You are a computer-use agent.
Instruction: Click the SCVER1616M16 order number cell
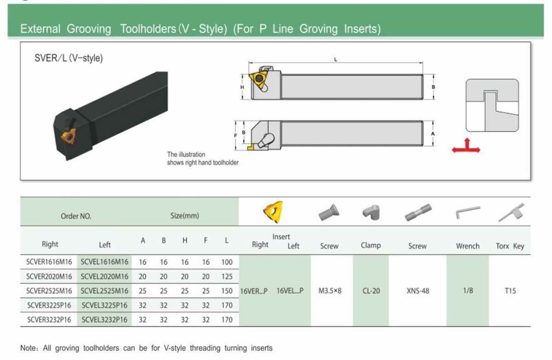pyautogui.click(x=49, y=262)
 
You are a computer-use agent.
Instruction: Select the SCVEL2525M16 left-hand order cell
pyautogui.click(x=104, y=291)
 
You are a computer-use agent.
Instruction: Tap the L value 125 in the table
pyautogui.click(x=227, y=276)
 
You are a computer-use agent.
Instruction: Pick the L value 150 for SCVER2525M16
pyautogui.click(x=227, y=291)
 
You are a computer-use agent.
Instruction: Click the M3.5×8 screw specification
pyautogui.click(x=330, y=291)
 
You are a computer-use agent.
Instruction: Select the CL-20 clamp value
pyautogui.click(x=371, y=291)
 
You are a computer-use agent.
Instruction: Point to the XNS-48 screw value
pyautogui.click(x=418, y=291)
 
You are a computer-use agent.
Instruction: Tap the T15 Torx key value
pyautogui.click(x=510, y=291)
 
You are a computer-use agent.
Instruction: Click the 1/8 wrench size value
pyautogui.click(x=468, y=291)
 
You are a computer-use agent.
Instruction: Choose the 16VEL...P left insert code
pyautogui.click(x=290, y=291)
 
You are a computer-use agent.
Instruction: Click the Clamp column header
pyautogui.click(x=371, y=245)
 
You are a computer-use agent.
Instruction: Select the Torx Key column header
pyautogui.click(x=510, y=246)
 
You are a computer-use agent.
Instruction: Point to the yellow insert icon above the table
pyautogui.click(x=273, y=212)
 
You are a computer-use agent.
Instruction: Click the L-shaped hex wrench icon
pyautogui.click(x=468, y=212)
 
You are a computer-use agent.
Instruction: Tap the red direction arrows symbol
pyautogui.click(x=466, y=146)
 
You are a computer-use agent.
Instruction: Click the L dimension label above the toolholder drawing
pyautogui.click(x=335, y=60)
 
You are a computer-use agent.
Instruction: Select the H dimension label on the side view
pyautogui.click(x=242, y=87)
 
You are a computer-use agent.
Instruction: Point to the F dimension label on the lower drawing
pyautogui.click(x=236, y=136)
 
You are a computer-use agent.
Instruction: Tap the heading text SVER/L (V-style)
pyautogui.click(x=69, y=58)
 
